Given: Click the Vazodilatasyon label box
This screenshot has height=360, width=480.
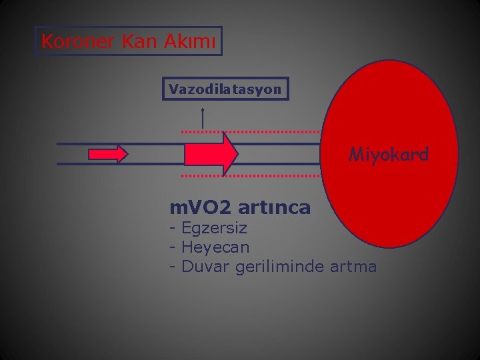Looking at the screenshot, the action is [x=225, y=89].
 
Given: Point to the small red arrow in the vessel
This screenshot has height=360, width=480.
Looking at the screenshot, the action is [x=108, y=154].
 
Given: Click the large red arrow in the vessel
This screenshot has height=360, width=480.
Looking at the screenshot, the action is [x=211, y=154].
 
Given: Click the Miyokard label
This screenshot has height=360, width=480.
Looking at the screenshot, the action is [x=389, y=155].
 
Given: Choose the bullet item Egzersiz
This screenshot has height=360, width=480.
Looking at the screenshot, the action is [x=214, y=228].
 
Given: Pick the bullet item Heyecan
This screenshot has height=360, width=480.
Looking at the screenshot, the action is [x=215, y=247].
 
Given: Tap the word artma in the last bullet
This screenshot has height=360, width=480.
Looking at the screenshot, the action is [x=354, y=267].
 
